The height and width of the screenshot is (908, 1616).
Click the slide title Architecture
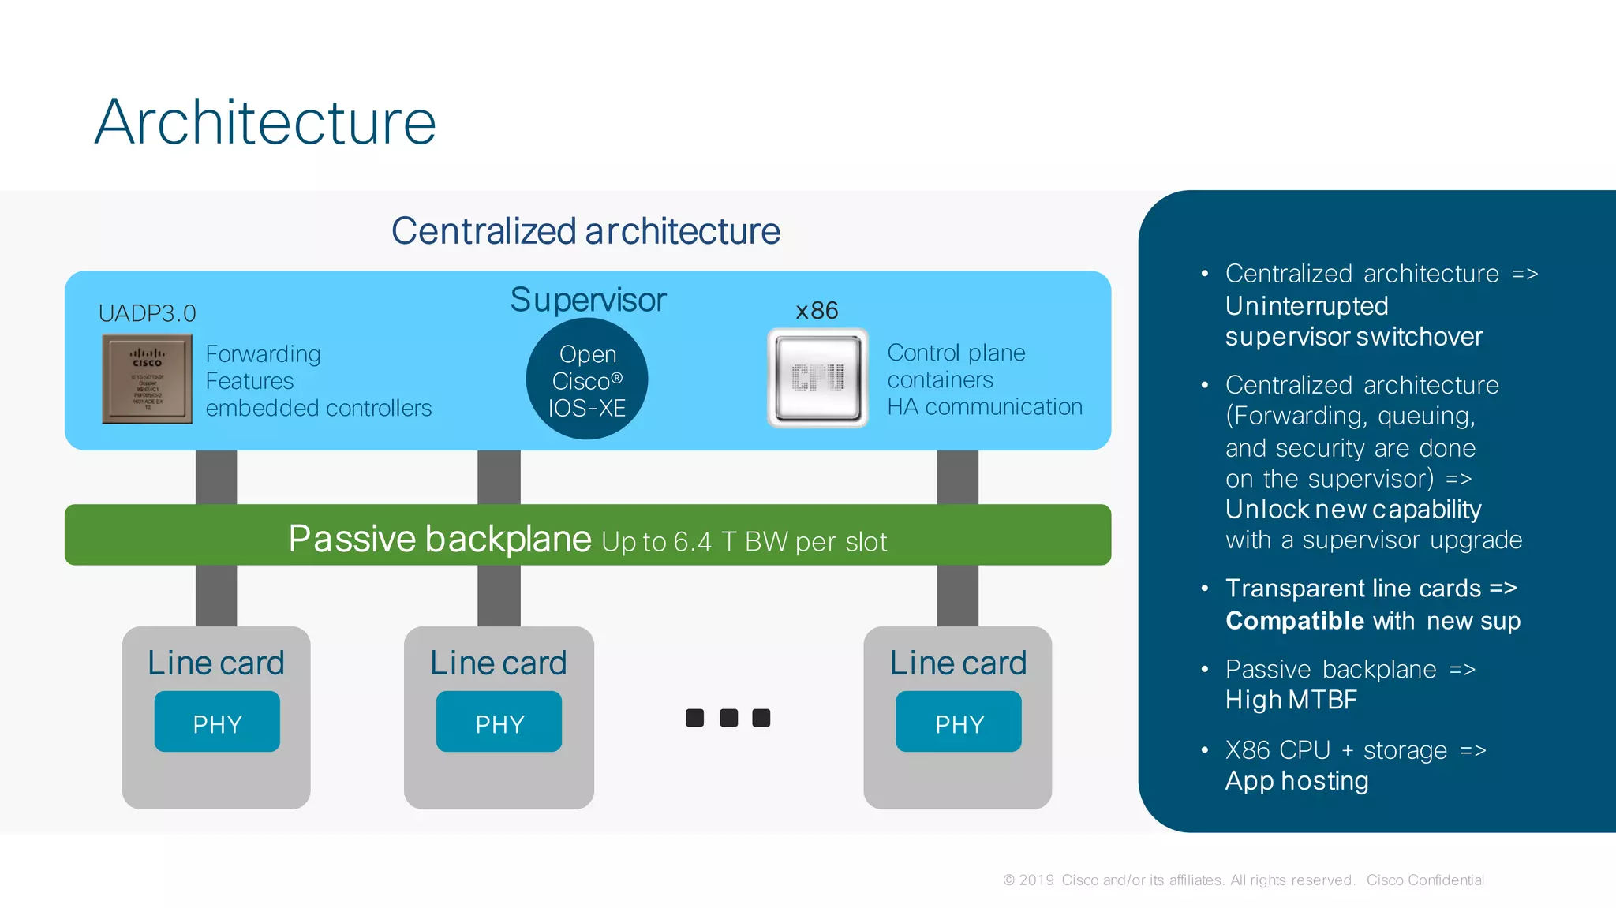pyautogui.click(x=265, y=122)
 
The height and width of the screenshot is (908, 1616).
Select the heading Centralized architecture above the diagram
pyautogui.click(x=585, y=231)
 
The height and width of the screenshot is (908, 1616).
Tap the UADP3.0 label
pyautogui.click(x=147, y=314)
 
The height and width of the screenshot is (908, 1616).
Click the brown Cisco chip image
pyautogui.click(x=147, y=379)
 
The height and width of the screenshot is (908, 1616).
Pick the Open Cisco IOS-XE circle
pyautogui.click(x=587, y=379)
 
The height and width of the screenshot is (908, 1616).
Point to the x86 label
pyautogui.click(x=817, y=311)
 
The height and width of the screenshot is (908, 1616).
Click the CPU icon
pyautogui.click(x=817, y=379)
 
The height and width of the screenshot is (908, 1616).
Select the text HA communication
pyautogui.click(x=984, y=407)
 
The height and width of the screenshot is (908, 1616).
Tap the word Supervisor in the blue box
pyautogui.click(x=588, y=300)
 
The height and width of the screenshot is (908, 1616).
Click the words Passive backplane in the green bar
pyautogui.click(x=440, y=539)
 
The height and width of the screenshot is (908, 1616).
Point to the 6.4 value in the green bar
pyautogui.click(x=692, y=542)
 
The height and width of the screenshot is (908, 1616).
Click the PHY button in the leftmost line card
pyautogui.click(x=217, y=723)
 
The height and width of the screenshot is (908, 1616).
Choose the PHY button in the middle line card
pyautogui.click(x=499, y=723)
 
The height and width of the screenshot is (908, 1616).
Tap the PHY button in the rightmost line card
pyautogui.click(x=959, y=723)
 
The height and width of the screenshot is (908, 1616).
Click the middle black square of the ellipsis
pyautogui.click(x=728, y=718)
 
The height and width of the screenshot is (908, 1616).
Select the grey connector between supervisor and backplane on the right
pyautogui.click(x=957, y=477)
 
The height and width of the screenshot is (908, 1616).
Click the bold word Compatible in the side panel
pyautogui.click(x=1294, y=621)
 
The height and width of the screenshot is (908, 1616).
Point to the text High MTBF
pyautogui.click(x=1291, y=700)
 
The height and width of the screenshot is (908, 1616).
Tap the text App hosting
pyautogui.click(x=1296, y=781)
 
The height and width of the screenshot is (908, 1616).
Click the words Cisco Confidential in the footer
pyautogui.click(x=1425, y=880)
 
